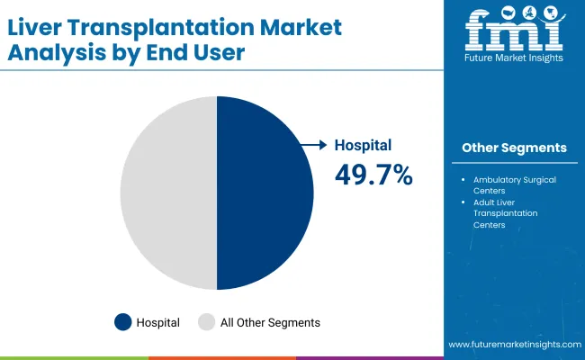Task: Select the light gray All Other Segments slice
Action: [168, 193]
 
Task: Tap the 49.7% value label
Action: [373, 175]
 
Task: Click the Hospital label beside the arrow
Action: [363, 144]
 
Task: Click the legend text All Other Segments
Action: [271, 321]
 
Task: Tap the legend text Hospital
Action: [158, 321]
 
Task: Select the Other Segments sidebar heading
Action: [514, 148]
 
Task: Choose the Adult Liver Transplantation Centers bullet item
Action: [505, 213]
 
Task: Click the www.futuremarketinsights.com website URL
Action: [514, 346]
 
